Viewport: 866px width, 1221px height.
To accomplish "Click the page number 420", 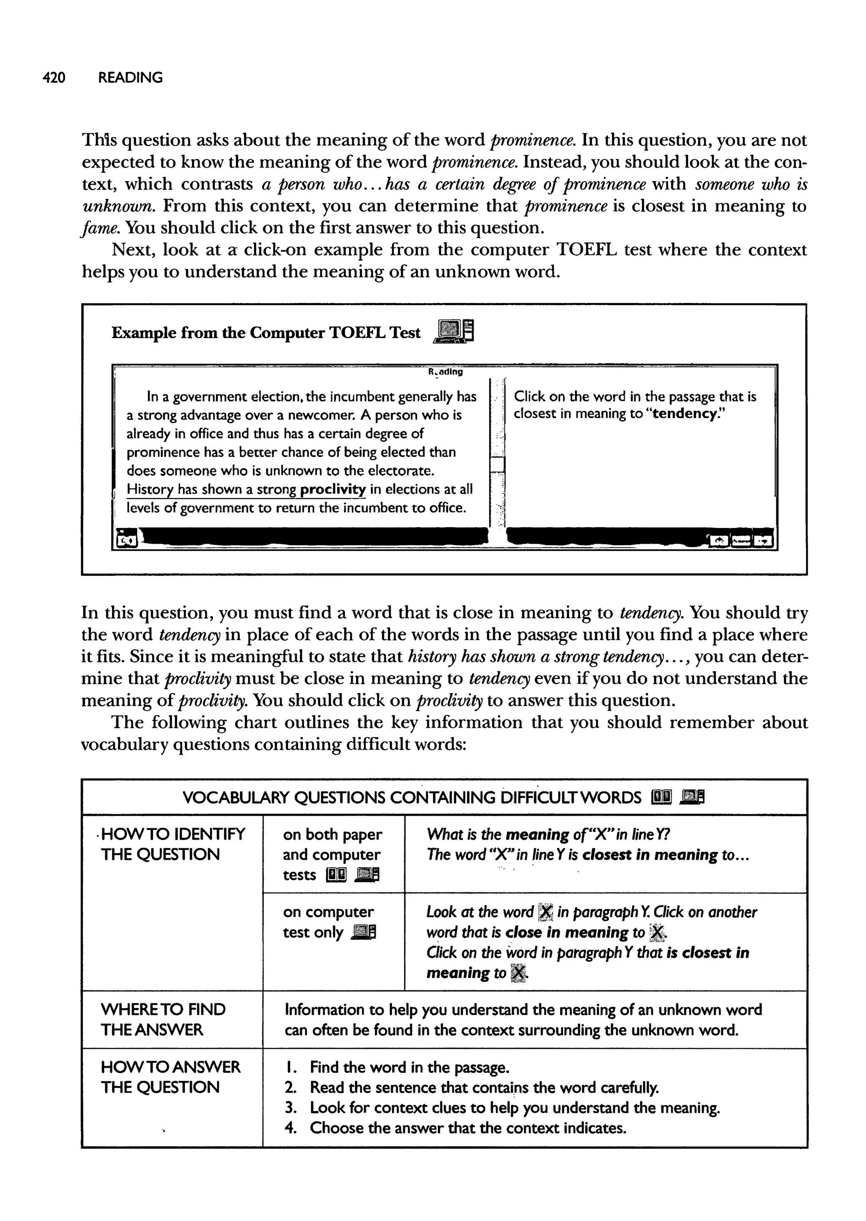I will [54, 78].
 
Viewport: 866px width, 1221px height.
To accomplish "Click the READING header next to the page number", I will [131, 78].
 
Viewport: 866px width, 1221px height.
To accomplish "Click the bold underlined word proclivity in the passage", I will [333, 489].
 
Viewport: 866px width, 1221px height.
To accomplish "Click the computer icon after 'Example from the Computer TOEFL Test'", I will [455, 332].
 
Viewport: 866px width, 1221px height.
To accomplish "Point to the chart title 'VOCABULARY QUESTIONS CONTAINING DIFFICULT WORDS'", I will [412, 797].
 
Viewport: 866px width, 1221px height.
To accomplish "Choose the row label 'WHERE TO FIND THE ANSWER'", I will [163, 1019].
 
